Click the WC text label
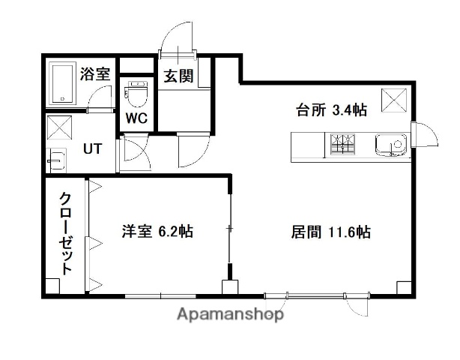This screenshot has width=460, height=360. [136, 118]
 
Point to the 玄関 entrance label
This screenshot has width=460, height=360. [178, 75]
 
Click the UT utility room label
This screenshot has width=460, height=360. [93, 148]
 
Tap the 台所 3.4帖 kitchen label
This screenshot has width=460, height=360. [330, 110]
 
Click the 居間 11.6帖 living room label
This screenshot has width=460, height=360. [330, 232]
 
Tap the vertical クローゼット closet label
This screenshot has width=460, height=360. [66, 232]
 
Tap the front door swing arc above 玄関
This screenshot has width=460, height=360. [178, 37]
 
